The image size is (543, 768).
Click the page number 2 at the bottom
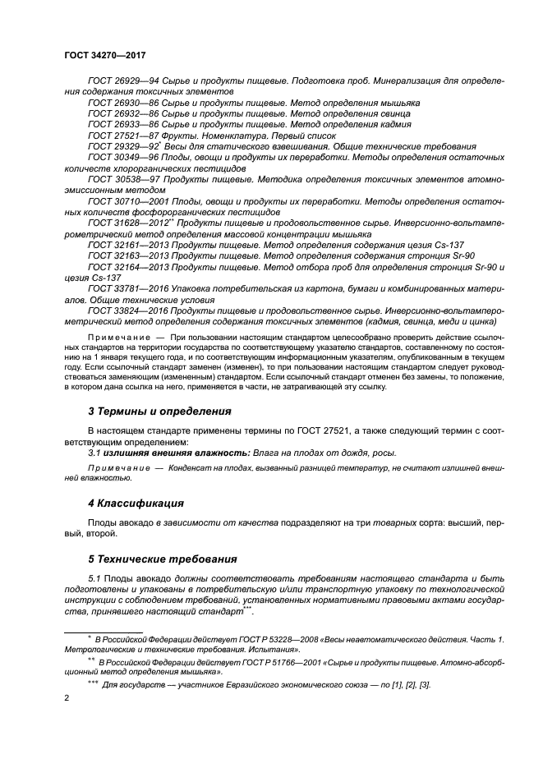tap(66, 698)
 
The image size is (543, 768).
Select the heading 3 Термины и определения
tap(159, 410)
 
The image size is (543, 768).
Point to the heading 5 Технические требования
tap(162, 559)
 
